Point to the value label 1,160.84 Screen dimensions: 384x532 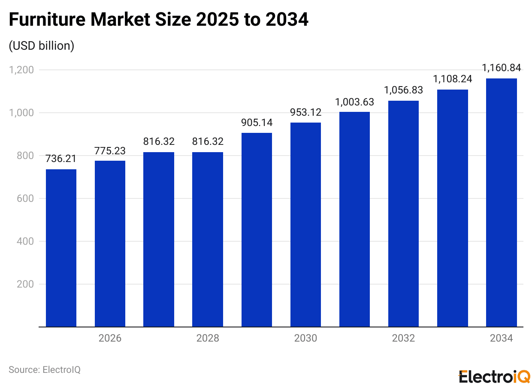point(501,68)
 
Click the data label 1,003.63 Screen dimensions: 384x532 point(354,102)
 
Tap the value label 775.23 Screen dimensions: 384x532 point(110,151)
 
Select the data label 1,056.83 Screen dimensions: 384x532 point(403,90)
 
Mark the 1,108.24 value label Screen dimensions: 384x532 point(452,79)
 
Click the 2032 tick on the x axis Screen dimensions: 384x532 point(403,338)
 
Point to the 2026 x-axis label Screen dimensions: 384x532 point(110,338)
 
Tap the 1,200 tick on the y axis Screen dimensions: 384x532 point(21,70)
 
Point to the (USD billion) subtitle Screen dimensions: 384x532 point(42,46)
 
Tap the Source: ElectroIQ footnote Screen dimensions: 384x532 point(45,369)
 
